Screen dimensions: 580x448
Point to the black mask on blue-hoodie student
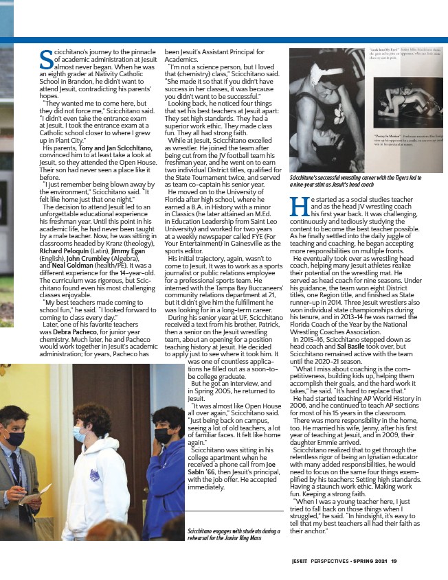(x=163, y=435)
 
